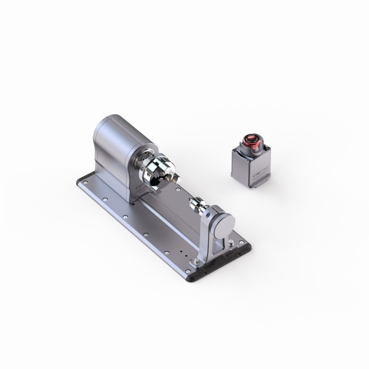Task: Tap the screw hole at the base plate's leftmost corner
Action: pos(83,180)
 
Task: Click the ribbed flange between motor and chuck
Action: pos(144,167)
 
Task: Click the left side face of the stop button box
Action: pos(238,165)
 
